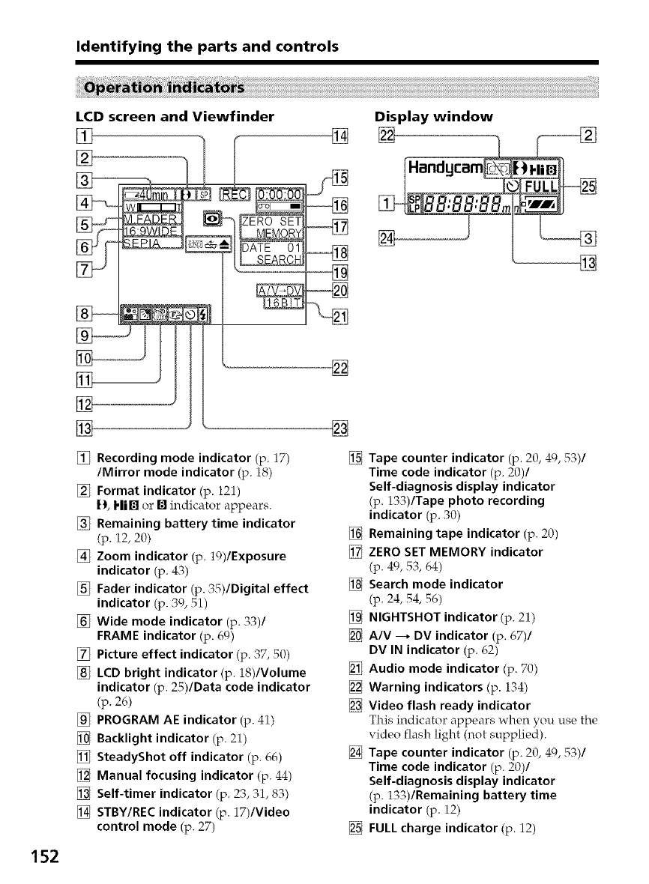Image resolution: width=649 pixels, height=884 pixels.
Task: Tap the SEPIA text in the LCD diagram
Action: coord(147,243)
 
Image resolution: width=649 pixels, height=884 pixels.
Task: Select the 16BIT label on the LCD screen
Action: coord(281,303)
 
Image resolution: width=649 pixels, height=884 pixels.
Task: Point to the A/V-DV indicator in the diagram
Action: coord(277,290)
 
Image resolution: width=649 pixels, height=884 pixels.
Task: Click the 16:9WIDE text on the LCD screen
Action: coord(149,231)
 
